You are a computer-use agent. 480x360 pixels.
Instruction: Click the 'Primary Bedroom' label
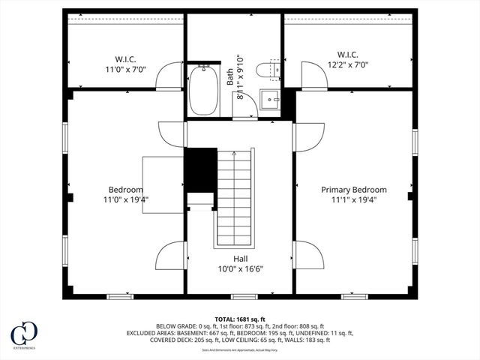tap(354, 190)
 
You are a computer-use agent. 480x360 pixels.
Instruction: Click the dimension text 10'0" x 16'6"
tap(240, 268)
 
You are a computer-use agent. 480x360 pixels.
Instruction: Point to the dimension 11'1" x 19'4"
tap(354, 200)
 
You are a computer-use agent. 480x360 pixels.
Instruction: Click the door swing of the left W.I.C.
tap(172, 75)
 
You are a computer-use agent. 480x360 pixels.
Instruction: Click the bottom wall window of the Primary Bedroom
tap(354, 296)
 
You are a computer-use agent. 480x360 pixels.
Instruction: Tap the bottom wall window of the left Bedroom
tap(120, 296)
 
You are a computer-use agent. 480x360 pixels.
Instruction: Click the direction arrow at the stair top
tap(235, 154)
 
